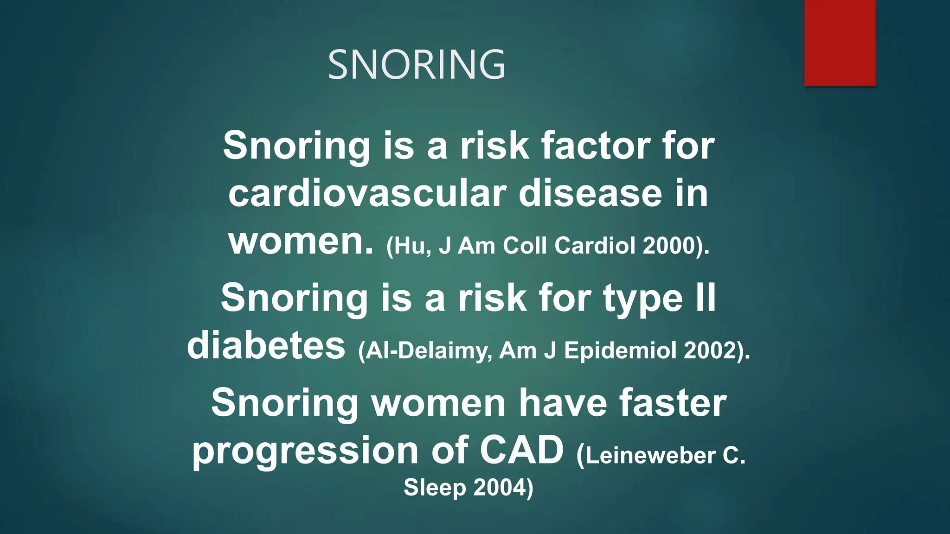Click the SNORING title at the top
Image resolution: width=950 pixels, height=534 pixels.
416,65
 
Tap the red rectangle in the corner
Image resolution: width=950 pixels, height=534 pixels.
840,43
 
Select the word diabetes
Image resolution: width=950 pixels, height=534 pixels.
266,346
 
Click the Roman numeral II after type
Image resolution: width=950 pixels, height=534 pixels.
706,298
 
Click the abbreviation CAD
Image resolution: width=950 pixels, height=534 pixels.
521,451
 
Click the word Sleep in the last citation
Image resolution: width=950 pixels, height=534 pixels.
435,488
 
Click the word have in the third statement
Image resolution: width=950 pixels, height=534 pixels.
563,403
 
